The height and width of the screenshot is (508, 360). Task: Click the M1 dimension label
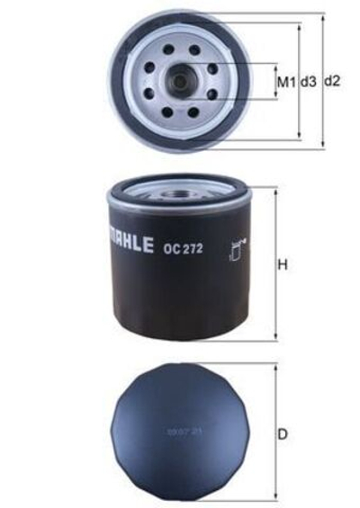point(286,82)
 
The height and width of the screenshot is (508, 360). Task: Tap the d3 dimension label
point(309,82)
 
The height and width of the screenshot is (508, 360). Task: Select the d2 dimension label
point(332,82)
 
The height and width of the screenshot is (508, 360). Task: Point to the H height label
point(282,266)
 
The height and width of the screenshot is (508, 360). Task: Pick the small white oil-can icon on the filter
point(238,247)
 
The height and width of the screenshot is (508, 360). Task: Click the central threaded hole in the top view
point(179,82)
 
